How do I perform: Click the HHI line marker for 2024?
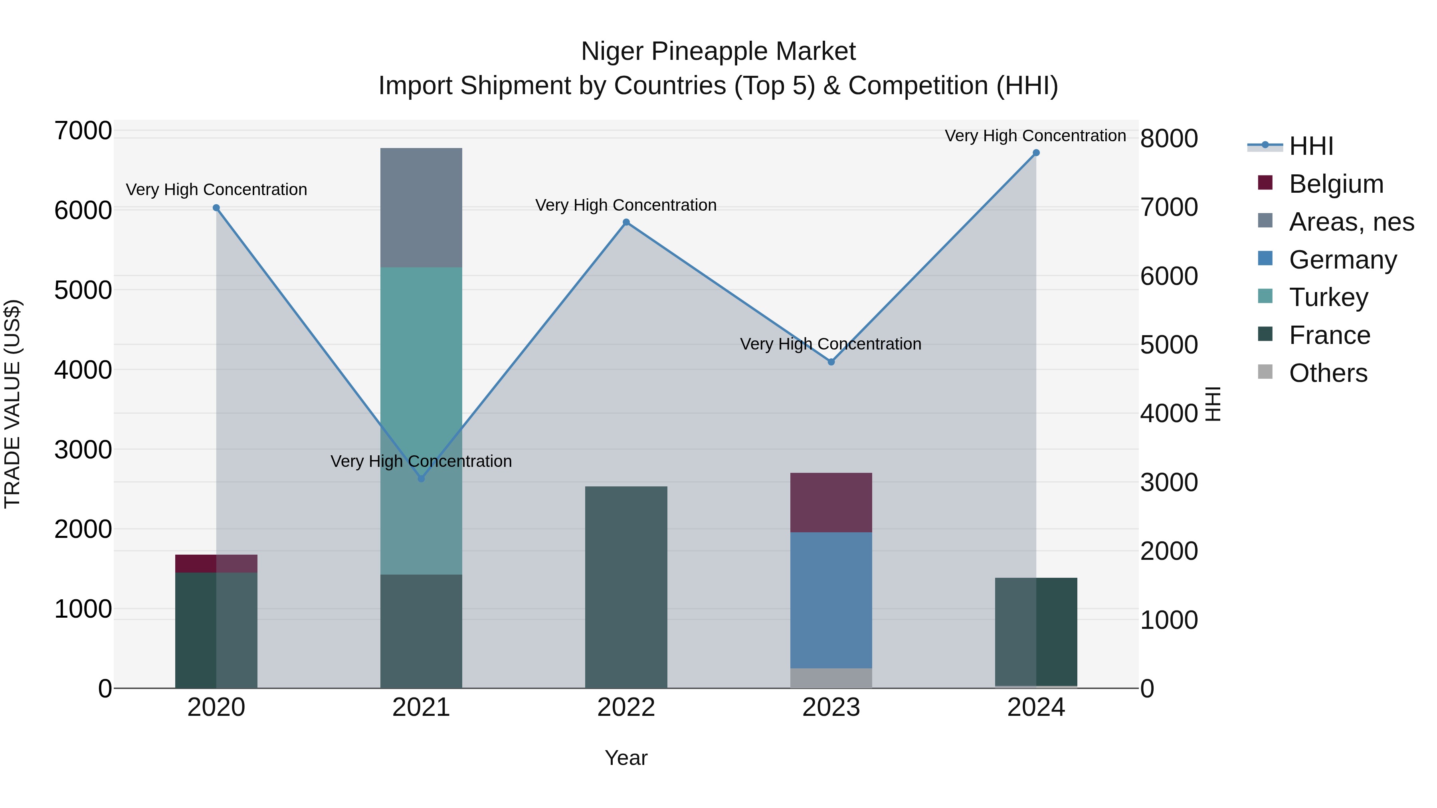pos(1036,153)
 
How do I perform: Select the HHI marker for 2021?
pos(421,478)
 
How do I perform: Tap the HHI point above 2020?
pos(216,208)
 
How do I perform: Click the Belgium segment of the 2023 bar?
pos(831,502)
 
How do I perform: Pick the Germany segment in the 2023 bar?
pos(831,600)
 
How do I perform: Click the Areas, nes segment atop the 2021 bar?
pos(421,207)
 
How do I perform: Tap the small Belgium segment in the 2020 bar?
pos(216,563)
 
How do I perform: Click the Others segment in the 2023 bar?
pos(831,678)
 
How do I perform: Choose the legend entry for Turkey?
pos(1328,297)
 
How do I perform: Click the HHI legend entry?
pos(1311,146)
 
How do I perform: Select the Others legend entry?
pos(1328,373)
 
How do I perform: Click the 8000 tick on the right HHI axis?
pos(1169,138)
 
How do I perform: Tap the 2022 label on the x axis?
pos(626,707)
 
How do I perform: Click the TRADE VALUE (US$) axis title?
pos(12,404)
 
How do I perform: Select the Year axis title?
pos(626,758)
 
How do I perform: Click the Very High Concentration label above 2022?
pos(626,205)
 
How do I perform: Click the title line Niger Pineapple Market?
pos(718,51)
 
